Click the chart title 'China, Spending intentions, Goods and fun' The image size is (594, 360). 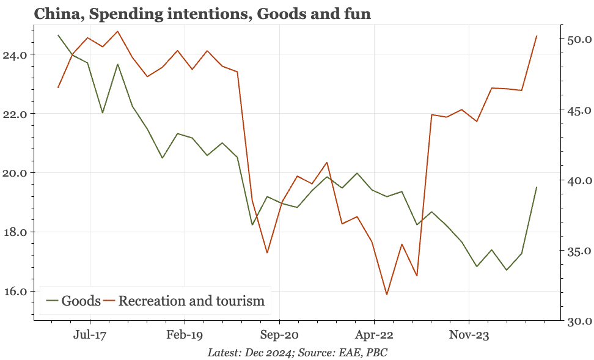[202, 13]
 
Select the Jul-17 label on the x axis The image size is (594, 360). [90, 335]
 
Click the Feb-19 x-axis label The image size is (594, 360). [185, 335]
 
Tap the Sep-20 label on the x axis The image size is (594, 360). [279, 335]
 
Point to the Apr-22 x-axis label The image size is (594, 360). [373, 335]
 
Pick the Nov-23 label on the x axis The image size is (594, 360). [468, 335]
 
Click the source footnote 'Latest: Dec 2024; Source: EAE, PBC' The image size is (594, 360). [297, 353]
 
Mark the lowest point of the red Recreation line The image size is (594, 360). [387, 295]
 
